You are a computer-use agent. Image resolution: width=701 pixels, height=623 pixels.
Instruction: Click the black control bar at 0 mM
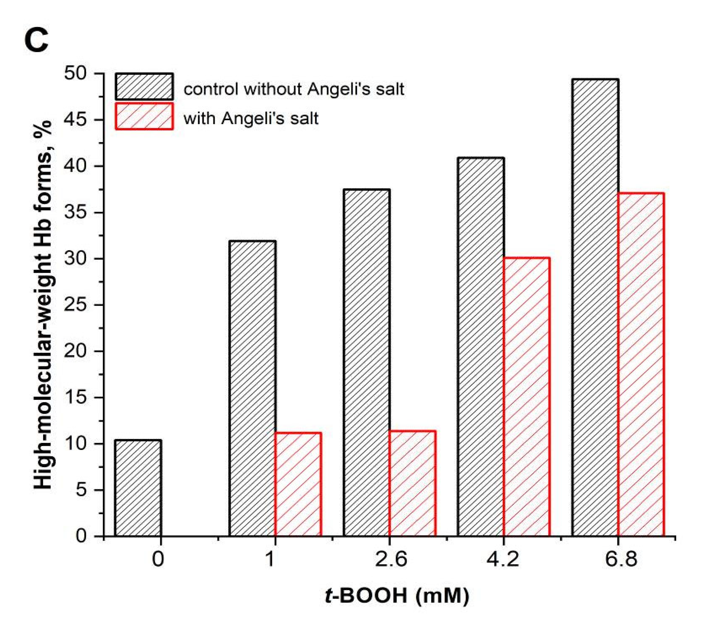138,488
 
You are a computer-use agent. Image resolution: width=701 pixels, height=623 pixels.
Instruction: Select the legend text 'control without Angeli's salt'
294,89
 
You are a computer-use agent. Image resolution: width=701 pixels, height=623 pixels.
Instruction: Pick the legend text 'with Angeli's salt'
251,119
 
